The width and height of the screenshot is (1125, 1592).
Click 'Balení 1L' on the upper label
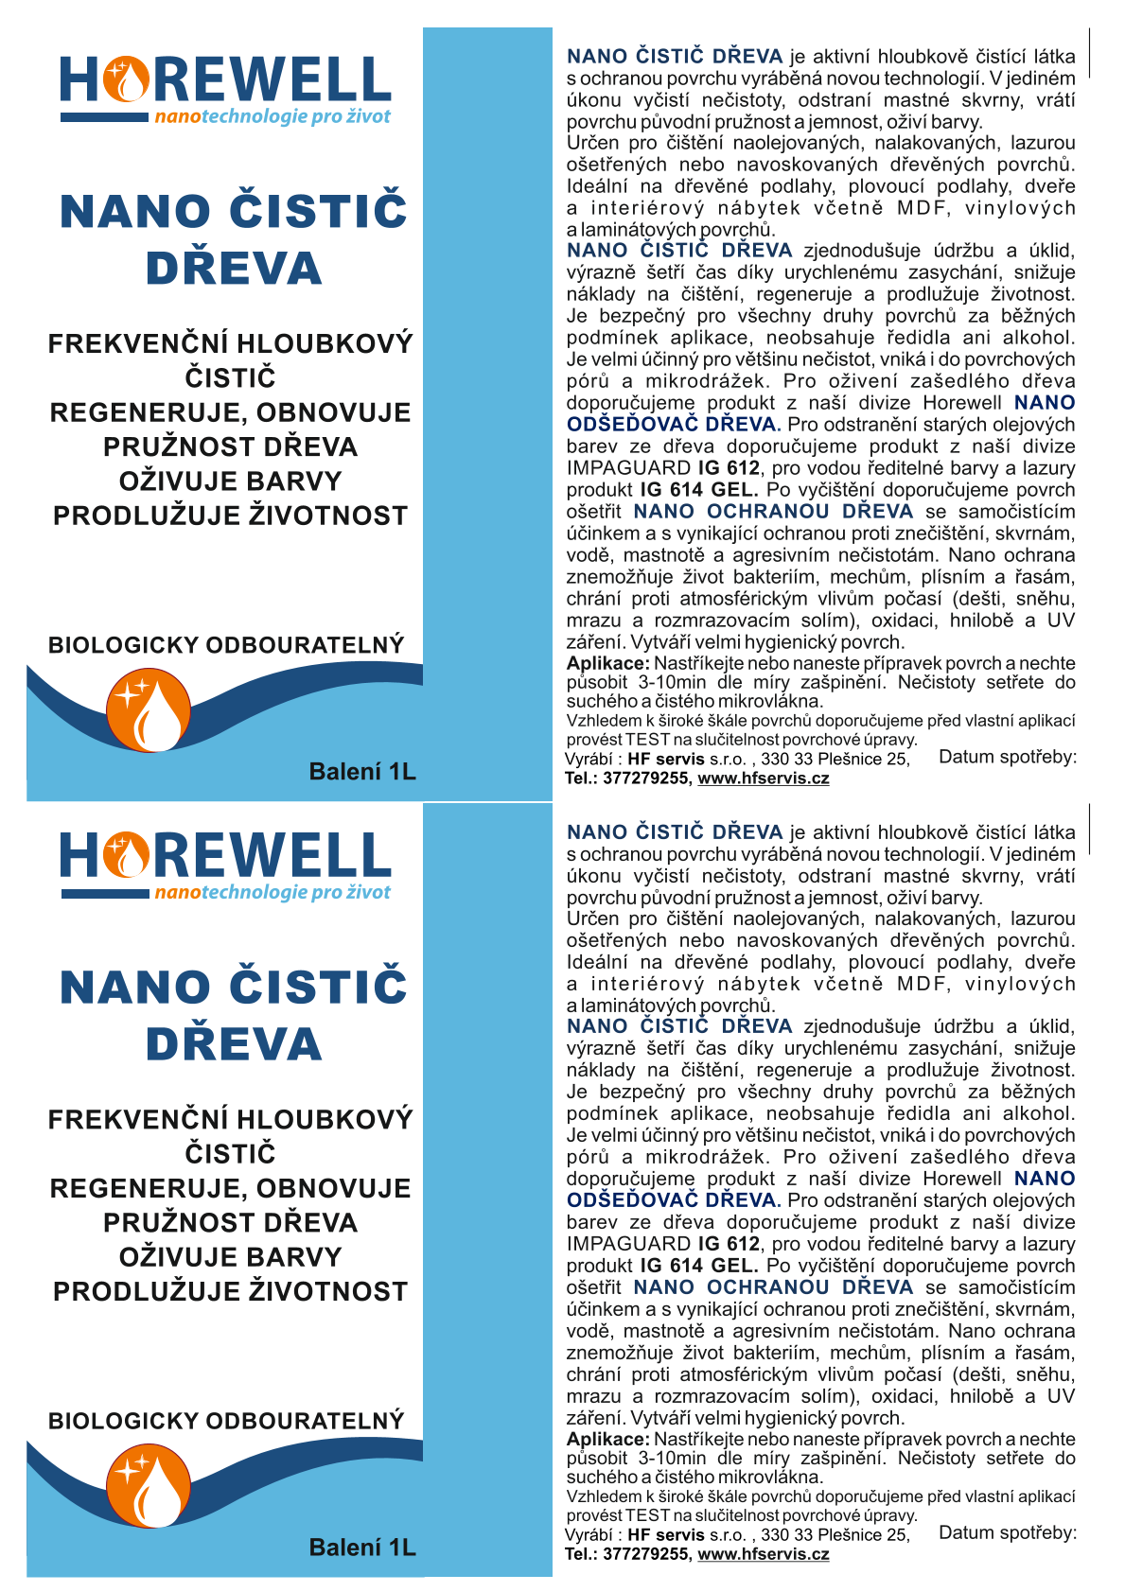coord(362,772)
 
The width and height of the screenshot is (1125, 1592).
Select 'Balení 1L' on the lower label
coord(362,1548)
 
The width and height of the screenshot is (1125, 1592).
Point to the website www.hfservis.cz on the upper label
coord(763,779)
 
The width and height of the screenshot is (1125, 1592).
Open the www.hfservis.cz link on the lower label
coord(763,1554)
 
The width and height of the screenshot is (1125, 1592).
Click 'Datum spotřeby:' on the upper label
coord(1007,757)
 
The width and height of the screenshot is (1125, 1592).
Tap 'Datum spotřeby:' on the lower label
coord(1007,1532)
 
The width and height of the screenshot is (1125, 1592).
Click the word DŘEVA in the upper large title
coord(234,269)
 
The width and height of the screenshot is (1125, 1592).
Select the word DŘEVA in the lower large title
coord(234,1044)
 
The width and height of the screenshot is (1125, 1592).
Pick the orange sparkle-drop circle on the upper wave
coord(148,710)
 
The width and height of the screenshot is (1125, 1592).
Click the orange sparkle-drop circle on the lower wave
coord(148,1486)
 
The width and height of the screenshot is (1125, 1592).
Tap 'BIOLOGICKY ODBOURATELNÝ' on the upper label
coord(226,645)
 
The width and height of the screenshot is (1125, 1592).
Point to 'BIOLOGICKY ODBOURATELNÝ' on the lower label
coord(226,1421)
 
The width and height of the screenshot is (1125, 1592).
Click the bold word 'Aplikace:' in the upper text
coord(607,663)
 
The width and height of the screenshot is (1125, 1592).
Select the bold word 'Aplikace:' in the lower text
coord(607,1439)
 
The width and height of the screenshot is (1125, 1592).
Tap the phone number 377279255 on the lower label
coord(645,1554)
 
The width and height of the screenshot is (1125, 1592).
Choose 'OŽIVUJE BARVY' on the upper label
coord(230,481)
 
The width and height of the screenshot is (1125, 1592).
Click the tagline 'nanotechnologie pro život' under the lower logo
coord(272,892)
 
